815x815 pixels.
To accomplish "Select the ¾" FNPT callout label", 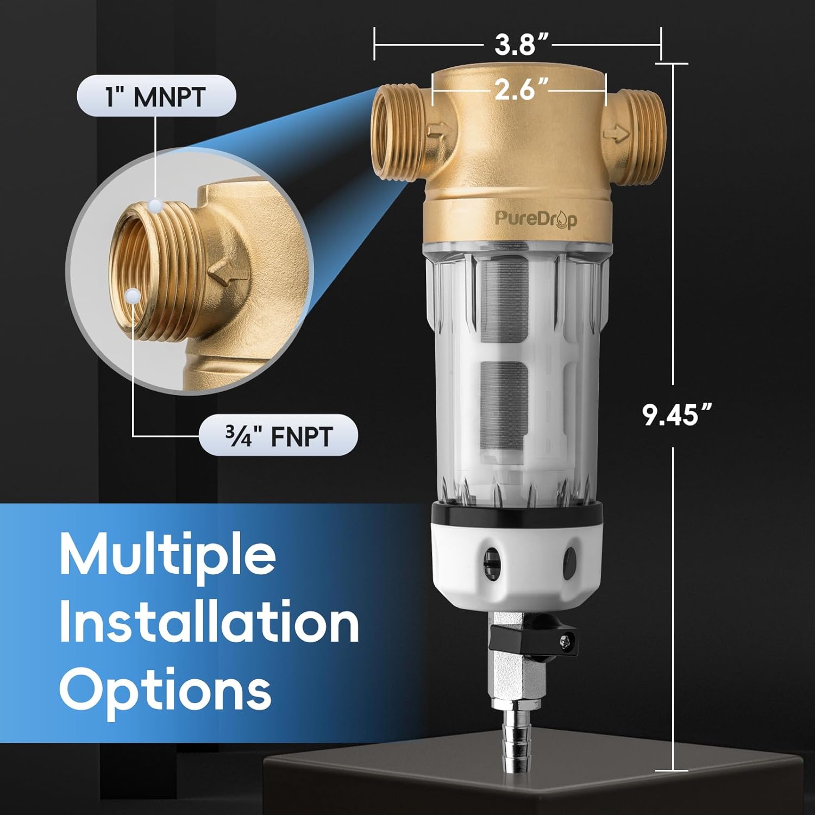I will tap(278, 436).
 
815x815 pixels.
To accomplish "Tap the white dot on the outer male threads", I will tap(155, 205).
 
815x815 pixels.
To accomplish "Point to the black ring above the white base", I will tap(516, 512).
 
